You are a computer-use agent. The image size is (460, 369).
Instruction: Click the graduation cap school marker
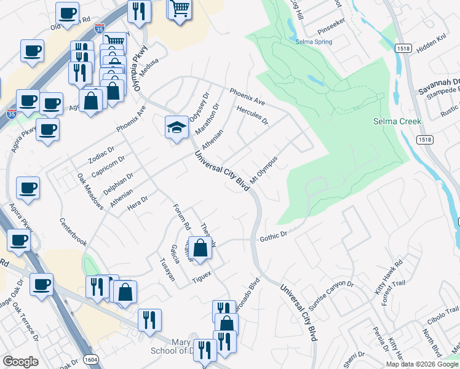176,127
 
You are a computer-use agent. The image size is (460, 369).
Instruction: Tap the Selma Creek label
397,121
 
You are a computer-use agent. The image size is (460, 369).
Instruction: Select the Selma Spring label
314,42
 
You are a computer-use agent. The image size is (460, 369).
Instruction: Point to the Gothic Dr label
274,235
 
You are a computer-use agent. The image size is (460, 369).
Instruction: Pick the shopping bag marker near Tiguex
200,248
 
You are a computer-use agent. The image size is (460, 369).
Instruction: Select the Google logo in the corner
20,362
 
